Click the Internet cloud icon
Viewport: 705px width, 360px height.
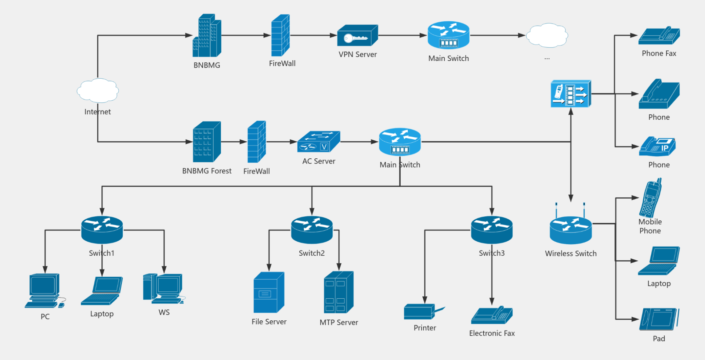click(x=98, y=90)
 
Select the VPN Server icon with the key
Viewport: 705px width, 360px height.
click(x=357, y=36)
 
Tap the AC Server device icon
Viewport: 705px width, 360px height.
click(x=318, y=142)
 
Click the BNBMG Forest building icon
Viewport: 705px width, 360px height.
click(x=207, y=142)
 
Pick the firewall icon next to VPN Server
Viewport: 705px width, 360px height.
click(x=281, y=36)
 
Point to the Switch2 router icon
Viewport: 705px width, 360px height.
click(x=312, y=230)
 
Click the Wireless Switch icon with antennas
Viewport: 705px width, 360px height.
click(x=571, y=228)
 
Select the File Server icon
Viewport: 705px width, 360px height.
click(x=269, y=293)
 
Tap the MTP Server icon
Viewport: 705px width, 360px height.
click(x=339, y=292)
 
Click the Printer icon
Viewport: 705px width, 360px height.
click(x=422, y=312)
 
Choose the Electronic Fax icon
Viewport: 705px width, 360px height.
click(x=492, y=316)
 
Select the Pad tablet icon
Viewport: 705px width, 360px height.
click(x=659, y=319)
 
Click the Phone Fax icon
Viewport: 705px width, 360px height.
click(x=659, y=36)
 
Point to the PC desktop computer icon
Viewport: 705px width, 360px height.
click(x=44, y=291)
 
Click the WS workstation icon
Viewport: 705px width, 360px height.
click(x=163, y=289)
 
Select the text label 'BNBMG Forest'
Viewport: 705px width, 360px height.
click(x=207, y=171)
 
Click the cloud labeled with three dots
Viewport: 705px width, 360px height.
click(x=547, y=36)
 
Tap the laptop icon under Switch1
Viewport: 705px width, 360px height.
click(x=102, y=291)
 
